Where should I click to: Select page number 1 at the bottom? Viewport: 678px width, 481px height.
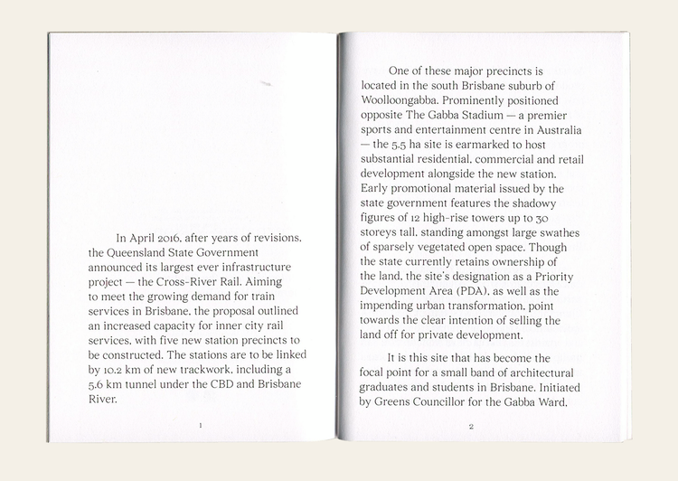pos(200,424)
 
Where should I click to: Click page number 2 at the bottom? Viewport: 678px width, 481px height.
pos(471,425)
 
